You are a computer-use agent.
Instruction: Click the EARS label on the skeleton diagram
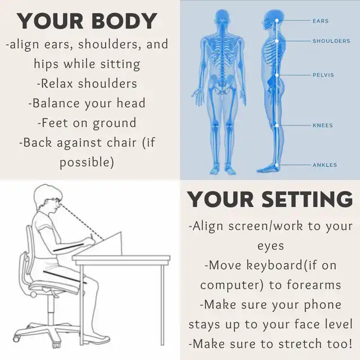321,21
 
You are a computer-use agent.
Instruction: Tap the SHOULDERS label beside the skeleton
331,41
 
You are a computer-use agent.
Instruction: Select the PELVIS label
323,75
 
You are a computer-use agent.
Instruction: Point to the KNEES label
322,125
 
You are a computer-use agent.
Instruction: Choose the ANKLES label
325,165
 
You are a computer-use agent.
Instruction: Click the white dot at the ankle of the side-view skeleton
277,165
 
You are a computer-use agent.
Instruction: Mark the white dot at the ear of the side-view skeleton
277,20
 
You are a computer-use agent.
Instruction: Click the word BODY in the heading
124,21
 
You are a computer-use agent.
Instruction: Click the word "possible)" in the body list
87,163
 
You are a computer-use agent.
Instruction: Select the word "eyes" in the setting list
271,246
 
